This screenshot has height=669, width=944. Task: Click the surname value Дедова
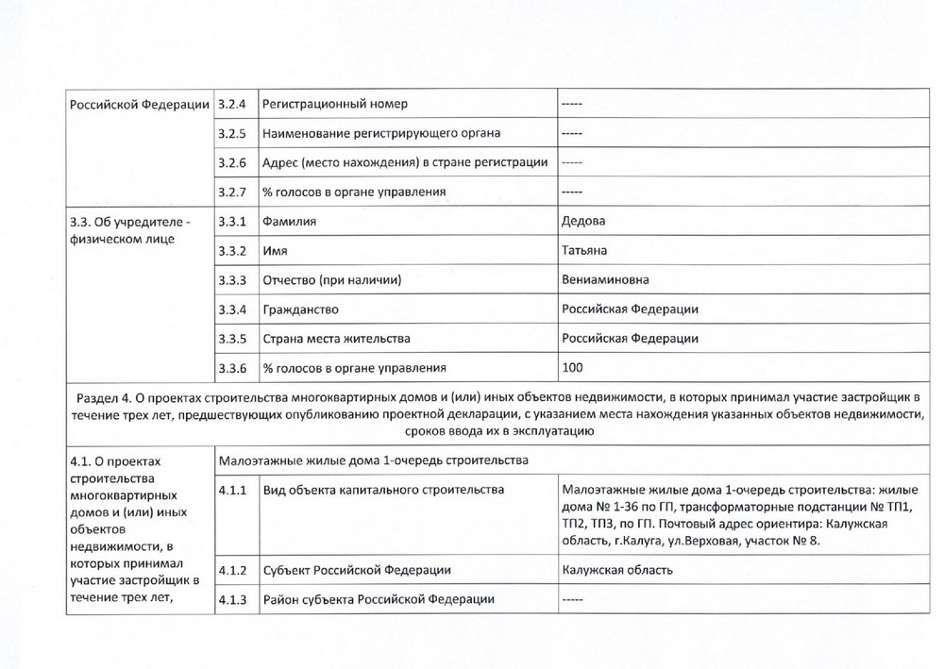(x=583, y=221)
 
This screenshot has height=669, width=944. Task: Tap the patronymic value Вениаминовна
(x=605, y=280)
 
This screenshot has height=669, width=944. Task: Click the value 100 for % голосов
(x=572, y=367)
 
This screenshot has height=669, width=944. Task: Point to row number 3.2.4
(x=231, y=102)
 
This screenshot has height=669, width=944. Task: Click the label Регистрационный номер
(x=335, y=102)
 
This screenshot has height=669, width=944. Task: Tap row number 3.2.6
(x=231, y=162)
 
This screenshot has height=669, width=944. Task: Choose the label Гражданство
(x=301, y=309)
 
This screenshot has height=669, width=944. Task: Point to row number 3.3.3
(x=231, y=280)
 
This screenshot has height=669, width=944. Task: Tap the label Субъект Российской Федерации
(x=357, y=570)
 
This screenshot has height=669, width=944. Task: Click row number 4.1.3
(x=231, y=599)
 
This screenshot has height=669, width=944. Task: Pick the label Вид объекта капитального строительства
(x=383, y=490)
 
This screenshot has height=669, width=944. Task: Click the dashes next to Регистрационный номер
(x=572, y=102)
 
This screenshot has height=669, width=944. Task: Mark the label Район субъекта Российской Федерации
(x=379, y=599)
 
